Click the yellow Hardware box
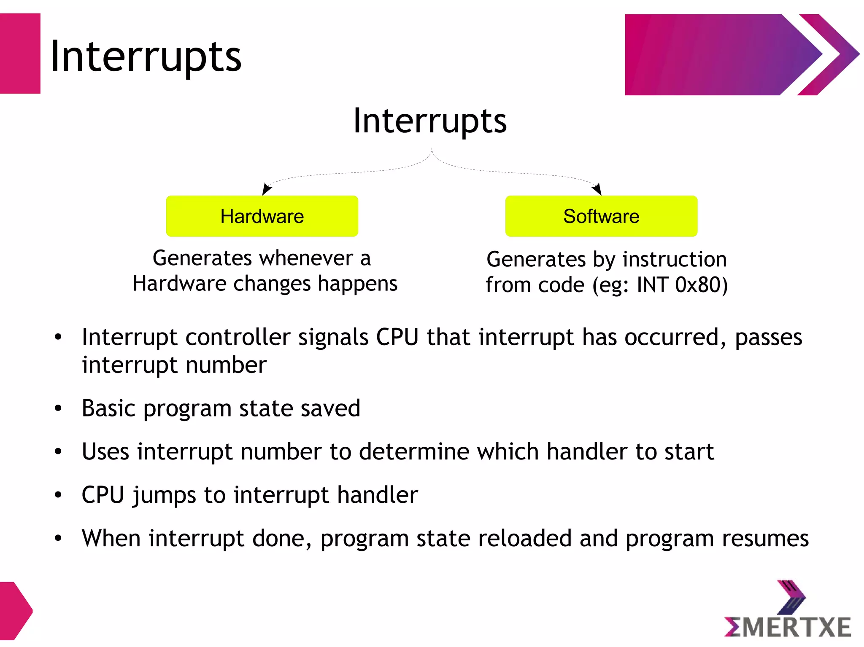click(x=262, y=216)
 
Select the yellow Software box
click(x=601, y=216)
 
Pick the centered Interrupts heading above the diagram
click(x=429, y=121)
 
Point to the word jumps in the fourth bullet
click(x=164, y=495)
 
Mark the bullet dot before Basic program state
click(x=58, y=408)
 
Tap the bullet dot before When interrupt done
click(x=58, y=538)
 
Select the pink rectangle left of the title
click(x=20, y=54)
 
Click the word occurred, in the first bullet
click(x=675, y=338)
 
